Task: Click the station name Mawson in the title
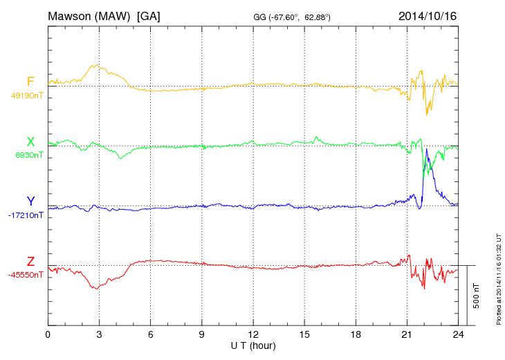click(x=72, y=15)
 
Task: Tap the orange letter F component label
click(x=30, y=82)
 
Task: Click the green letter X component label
click(x=30, y=142)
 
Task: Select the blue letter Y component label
click(x=30, y=201)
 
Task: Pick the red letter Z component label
click(x=30, y=262)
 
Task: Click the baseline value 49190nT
click(x=26, y=96)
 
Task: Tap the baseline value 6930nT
click(x=28, y=155)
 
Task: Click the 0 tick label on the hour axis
click(x=48, y=335)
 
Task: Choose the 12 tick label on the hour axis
click(x=253, y=335)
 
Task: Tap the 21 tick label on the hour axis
click(x=407, y=335)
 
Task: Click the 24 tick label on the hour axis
click(x=458, y=335)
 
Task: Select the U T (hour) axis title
click(x=253, y=345)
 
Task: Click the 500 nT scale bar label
click(x=476, y=296)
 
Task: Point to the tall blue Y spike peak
click(x=427, y=149)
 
